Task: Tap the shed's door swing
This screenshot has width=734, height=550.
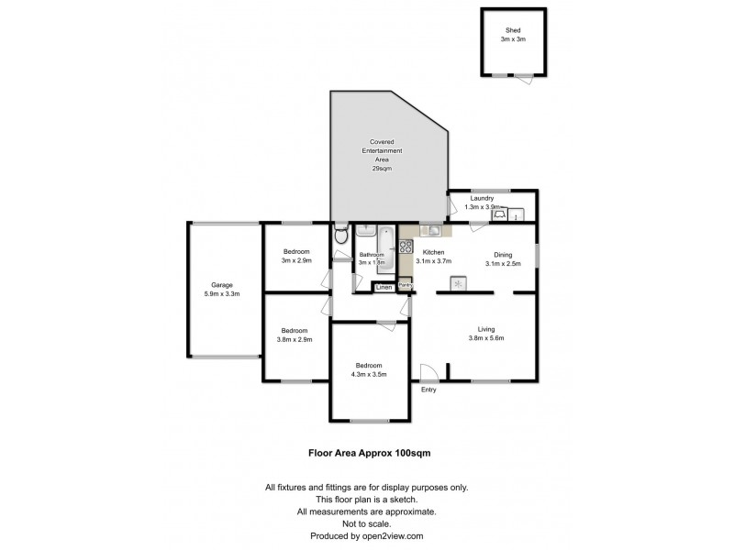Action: point(524,81)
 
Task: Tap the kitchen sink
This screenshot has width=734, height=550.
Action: point(428,231)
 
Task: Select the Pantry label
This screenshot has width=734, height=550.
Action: point(405,286)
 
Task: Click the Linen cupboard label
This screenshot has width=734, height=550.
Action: point(384,288)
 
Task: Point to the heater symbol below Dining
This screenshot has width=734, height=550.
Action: point(456,283)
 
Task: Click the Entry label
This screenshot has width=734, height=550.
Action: point(428,390)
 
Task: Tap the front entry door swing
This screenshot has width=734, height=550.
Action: point(428,373)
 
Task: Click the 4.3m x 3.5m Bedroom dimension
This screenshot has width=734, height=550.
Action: point(368,374)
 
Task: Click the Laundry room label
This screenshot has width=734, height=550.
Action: point(482,198)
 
